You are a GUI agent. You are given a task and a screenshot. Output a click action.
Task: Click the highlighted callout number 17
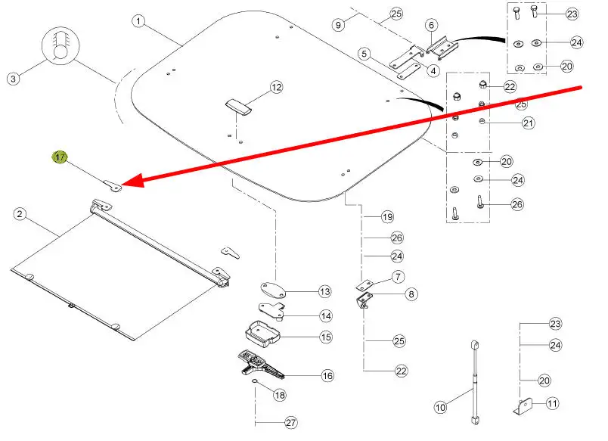click(x=59, y=157)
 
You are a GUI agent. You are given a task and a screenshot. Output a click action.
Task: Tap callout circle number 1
click(x=138, y=21)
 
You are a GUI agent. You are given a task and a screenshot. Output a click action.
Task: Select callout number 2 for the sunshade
click(x=20, y=215)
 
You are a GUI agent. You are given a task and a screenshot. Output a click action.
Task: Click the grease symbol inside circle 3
click(x=60, y=47)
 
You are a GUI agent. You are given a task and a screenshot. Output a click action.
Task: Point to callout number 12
click(x=276, y=88)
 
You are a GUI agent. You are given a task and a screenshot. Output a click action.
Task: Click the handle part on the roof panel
click(x=239, y=106)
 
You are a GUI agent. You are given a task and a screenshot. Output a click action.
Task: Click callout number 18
click(x=279, y=395)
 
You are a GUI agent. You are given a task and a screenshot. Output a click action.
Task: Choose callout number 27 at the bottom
click(x=291, y=424)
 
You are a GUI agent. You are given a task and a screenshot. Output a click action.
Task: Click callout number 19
click(x=387, y=217)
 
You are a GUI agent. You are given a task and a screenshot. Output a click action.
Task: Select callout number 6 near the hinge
click(x=431, y=25)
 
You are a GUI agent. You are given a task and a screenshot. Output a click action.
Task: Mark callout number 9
click(x=339, y=24)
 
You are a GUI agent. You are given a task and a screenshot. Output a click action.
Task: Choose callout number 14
click(x=324, y=315)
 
